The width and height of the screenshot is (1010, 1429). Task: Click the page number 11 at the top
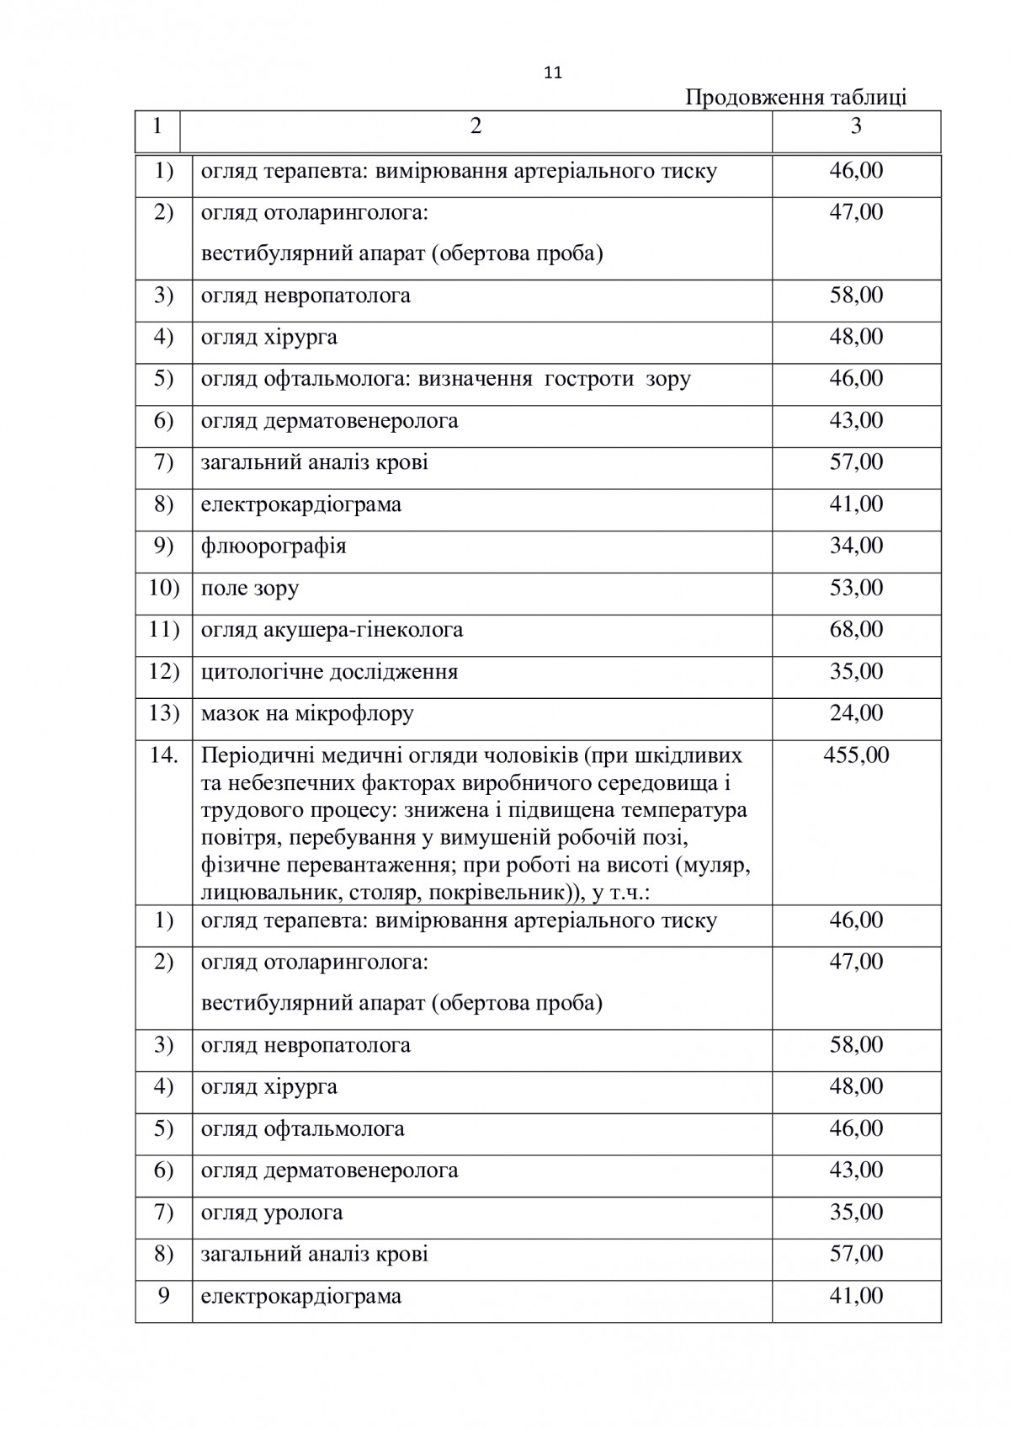click(553, 73)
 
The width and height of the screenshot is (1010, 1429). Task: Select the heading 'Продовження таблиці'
click(795, 98)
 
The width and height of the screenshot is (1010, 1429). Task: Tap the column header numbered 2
click(476, 126)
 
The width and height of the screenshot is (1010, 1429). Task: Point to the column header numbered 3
click(856, 126)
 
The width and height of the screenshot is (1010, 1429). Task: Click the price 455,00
click(856, 754)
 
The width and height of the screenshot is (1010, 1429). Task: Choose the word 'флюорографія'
click(274, 547)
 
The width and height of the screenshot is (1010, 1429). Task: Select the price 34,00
click(856, 546)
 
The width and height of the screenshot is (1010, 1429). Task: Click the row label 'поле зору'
click(250, 588)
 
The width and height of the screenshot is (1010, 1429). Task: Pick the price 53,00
click(856, 588)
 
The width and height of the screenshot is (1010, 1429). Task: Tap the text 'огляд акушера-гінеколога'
click(332, 630)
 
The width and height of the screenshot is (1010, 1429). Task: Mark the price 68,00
click(856, 630)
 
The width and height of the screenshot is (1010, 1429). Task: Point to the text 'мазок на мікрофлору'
click(307, 714)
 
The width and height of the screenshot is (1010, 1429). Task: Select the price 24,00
click(856, 713)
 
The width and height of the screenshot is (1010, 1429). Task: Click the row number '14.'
click(164, 754)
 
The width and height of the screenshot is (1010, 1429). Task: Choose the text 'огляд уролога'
click(272, 1213)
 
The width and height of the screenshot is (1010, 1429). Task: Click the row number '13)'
click(164, 713)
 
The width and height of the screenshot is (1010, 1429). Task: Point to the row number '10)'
click(164, 588)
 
